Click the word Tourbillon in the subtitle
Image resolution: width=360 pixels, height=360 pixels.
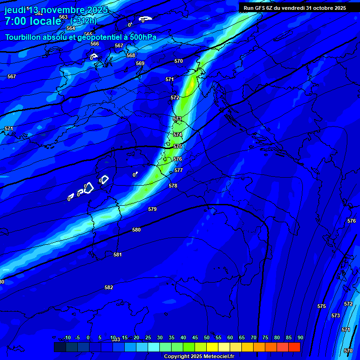tap(24, 37)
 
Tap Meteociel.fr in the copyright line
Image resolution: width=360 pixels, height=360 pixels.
tap(219, 357)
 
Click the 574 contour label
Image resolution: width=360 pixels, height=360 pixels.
tap(178, 135)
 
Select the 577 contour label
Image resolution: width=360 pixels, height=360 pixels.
tap(179, 170)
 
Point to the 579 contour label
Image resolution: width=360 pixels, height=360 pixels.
tap(152, 209)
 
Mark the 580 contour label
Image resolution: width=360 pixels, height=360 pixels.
tap(136, 230)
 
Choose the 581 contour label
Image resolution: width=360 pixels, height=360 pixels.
tap(118, 255)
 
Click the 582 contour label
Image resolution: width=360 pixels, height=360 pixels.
tap(109, 287)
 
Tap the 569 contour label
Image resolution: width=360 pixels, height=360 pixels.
tap(140, 63)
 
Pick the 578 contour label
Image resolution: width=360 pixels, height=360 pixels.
tap(173, 186)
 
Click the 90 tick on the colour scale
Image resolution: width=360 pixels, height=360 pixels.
tap(300, 337)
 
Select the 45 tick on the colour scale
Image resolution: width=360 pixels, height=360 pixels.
tap(195, 337)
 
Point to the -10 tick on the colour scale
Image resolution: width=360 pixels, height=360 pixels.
tap(67, 337)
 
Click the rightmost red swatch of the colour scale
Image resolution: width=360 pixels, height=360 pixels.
tap(294, 347)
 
